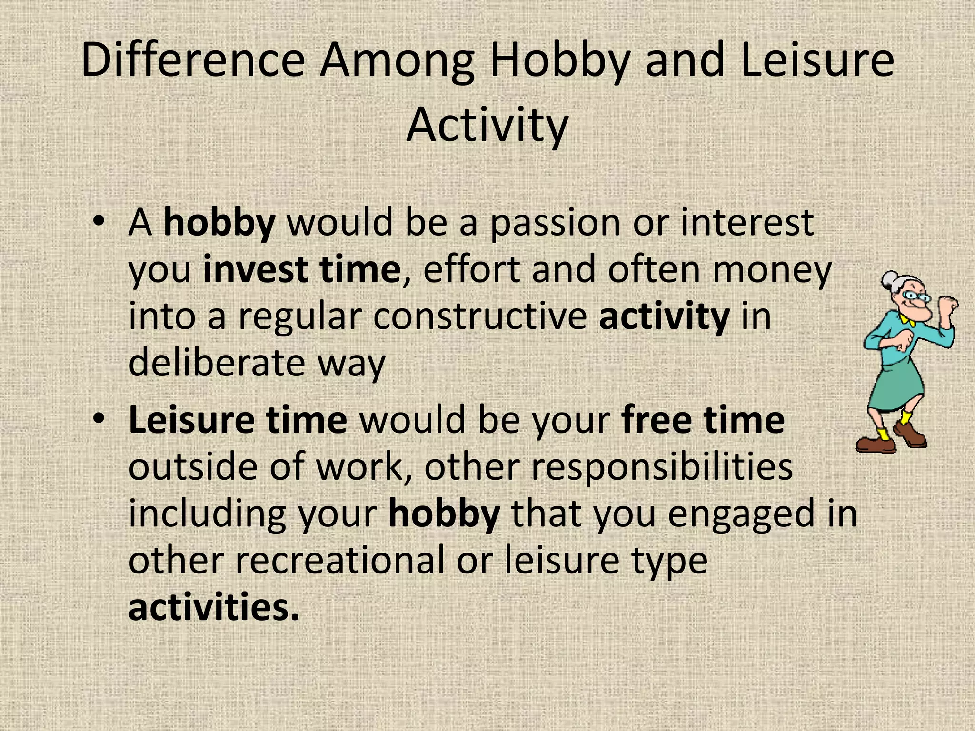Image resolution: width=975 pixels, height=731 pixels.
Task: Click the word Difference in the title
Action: click(193, 60)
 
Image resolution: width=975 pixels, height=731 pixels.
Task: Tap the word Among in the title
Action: click(397, 60)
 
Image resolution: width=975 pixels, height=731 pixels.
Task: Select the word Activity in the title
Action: click(487, 125)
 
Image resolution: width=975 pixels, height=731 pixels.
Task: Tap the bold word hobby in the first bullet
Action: click(219, 223)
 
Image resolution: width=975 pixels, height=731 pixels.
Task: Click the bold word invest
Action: click(255, 269)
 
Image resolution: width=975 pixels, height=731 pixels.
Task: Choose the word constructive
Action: click(480, 316)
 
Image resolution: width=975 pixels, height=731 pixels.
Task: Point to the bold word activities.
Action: click(213, 607)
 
